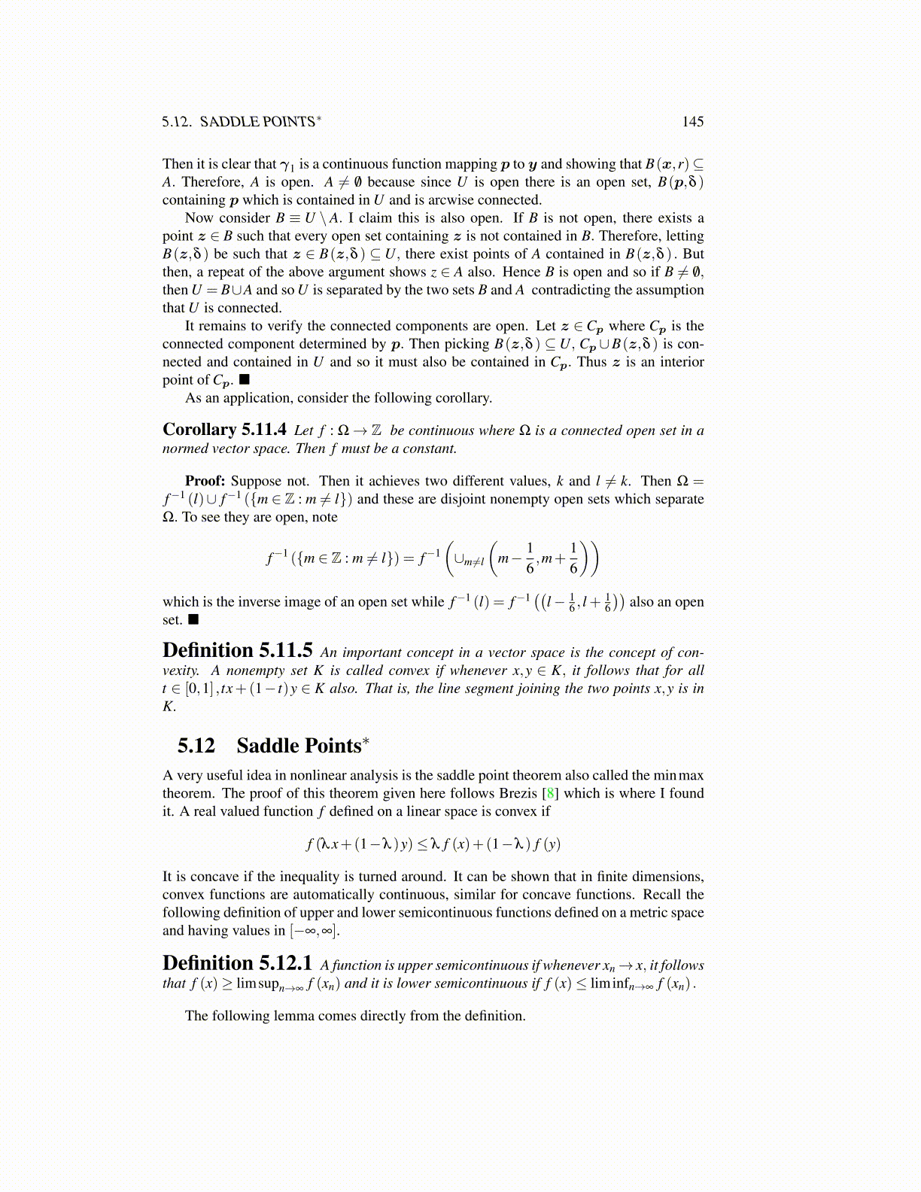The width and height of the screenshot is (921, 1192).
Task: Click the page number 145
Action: point(692,122)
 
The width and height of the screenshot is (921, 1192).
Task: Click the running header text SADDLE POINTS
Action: point(257,122)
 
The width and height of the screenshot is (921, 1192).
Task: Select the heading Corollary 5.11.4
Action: point(224,430)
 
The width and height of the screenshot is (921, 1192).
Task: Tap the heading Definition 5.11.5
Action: point(237,651)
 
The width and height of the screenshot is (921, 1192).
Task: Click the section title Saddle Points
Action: point(299,746)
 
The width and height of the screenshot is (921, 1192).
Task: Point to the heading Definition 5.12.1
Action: point(237,964)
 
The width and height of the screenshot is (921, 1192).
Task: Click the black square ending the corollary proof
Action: point(193,619)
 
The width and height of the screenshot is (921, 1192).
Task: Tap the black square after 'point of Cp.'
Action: point(244,380)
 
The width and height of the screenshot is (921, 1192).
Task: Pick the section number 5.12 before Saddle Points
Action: point(196,746)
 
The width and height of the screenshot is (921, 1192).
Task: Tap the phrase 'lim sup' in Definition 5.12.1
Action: point(257,984)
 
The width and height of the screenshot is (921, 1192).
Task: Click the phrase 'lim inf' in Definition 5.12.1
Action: point(609,984)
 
